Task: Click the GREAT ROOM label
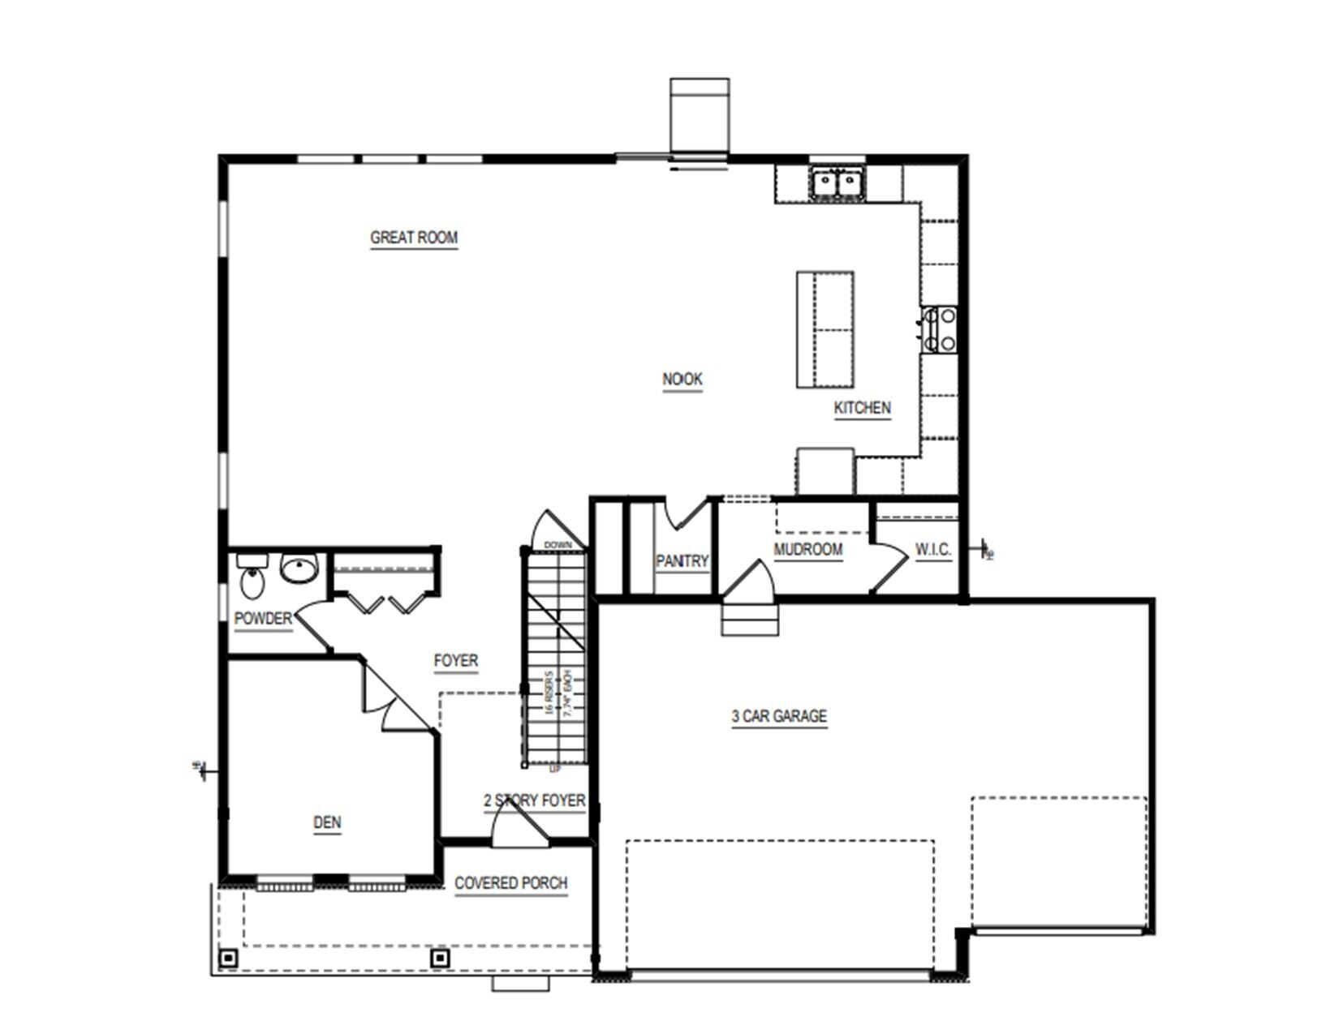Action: [x=414, y=238]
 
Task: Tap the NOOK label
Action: [x=682, y=379]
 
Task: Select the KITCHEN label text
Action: [x=862, y=408]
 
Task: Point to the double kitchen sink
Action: [x=837, y=182]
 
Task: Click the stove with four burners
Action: [x=940, y=329]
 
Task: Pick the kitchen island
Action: [x=824, y=329]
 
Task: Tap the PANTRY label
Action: [x=682, y=560]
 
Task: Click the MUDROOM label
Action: [x=807, y=549]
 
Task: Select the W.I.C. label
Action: [x=932, y=549]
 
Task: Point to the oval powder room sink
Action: [x=299, y=569]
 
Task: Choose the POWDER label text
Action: [x=262, y=619]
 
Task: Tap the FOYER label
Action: [x=455, y=661]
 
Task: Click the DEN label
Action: [x=327, y=822]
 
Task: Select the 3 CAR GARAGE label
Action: [x=779, y=716]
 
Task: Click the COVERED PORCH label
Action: [x=510, y=883]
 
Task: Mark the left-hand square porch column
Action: [x=229, y=959]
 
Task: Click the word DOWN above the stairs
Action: [x=558, y=545]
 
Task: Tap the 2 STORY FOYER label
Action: [x=534, y=800]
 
